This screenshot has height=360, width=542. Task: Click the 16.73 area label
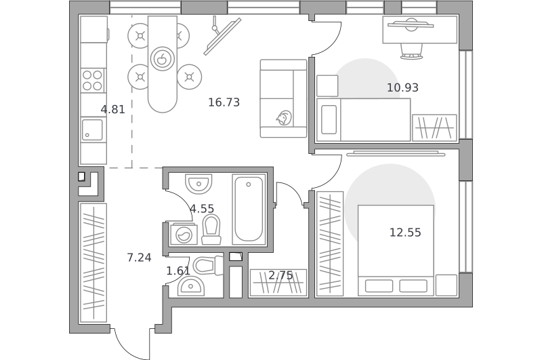224,102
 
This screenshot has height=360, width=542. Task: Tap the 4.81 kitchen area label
112,110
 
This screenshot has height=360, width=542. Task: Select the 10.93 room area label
402,88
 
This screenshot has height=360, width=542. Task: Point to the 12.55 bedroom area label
405,233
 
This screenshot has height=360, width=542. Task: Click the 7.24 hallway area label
139,258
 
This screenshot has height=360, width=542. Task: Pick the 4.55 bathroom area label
202,209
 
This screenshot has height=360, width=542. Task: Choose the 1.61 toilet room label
178,271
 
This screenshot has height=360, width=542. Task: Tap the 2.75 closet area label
280,276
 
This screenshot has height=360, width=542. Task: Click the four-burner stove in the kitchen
93,80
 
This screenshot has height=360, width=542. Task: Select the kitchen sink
92,129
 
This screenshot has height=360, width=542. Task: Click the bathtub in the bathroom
249,209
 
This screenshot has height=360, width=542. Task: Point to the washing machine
184,235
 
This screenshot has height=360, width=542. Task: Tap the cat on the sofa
284,118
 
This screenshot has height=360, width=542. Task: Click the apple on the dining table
162,59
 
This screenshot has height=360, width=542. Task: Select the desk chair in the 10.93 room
411,51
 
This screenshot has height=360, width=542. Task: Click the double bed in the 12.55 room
396,250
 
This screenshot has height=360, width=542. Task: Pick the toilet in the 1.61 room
208,266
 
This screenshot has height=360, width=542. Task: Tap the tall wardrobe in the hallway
93,263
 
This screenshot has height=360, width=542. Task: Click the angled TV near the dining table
222,37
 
